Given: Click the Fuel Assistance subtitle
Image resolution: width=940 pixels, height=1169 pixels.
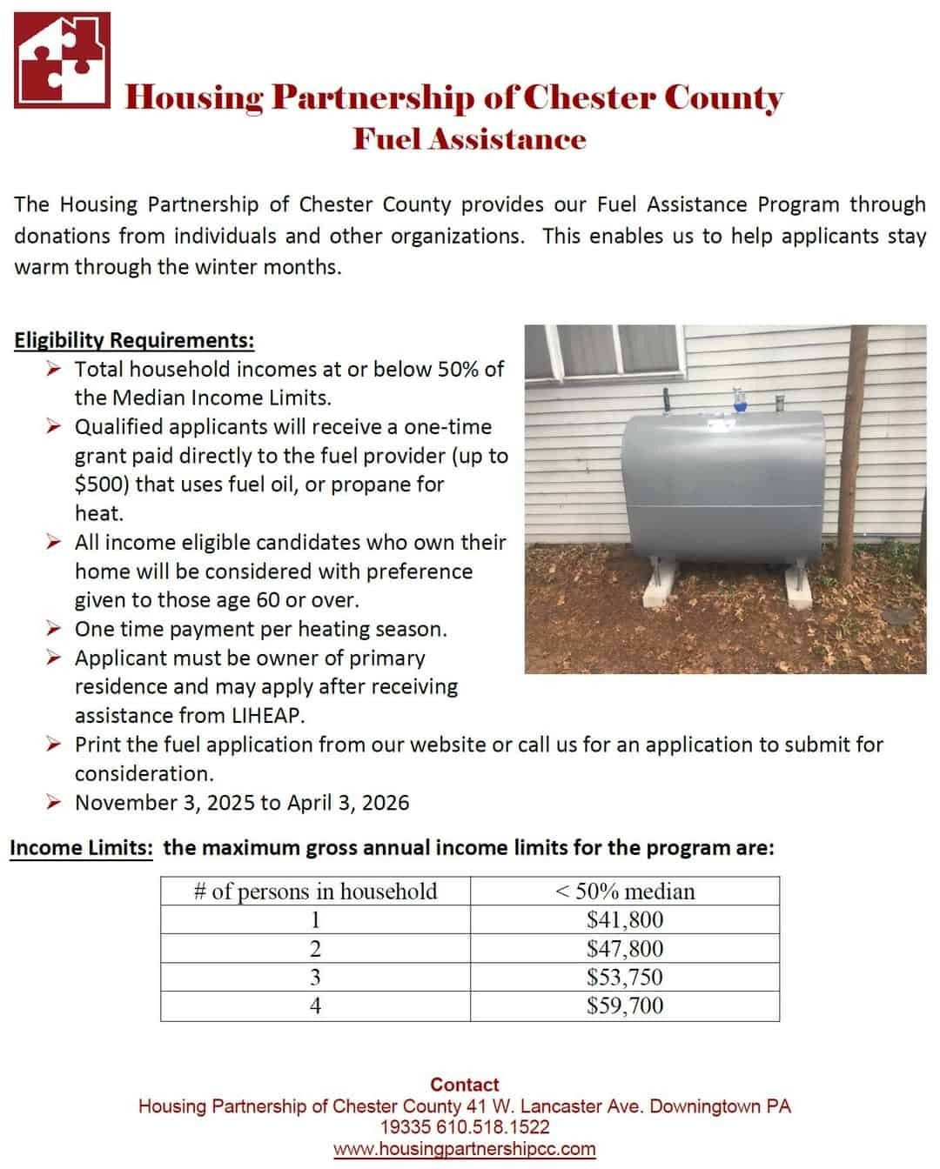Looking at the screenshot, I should [x=469, y=139].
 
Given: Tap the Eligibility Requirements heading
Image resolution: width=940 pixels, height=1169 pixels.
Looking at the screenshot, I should [x=134, y=340].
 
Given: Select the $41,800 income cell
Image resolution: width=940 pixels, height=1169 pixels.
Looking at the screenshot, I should [x=624, y=920].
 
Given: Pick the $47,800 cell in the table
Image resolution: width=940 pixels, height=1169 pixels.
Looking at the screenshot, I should [x=624, y=949].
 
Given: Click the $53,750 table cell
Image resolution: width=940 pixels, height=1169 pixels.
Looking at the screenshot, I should [x=624, y=978].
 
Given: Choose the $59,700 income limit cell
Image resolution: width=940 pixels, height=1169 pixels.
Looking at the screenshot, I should [x=624, y=1006].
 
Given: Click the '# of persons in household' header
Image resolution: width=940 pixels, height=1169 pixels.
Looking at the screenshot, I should [x=315, y=892].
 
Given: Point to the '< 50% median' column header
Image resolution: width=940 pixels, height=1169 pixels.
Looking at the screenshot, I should [x=624, y=892].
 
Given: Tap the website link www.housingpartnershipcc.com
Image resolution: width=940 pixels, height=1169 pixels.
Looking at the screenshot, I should [x=465, y=1149].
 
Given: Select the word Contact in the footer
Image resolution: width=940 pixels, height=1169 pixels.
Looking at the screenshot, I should [x=465, y=1085].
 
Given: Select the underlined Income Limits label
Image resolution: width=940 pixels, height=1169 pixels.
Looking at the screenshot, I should [x=81, y=848].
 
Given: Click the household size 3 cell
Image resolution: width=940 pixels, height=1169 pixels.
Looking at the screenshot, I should [x=315, y=978].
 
